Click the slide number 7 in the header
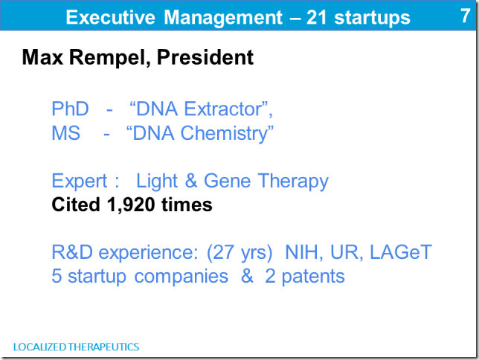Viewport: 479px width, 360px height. point(466,16)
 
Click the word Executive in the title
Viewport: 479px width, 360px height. point(111,17)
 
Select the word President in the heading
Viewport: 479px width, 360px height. point(205,57)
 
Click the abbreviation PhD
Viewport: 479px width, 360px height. point(70,109)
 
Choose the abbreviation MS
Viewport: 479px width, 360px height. point(66,133)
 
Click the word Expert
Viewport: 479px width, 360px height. point(80,181)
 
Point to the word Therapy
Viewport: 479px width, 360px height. point(293,181)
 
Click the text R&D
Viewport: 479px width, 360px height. point(72,252)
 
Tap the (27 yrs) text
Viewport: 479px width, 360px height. point(239,253)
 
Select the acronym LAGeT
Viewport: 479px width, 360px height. point(401,252)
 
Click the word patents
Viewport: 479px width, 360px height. point(313,277)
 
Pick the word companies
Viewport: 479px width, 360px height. point(181,277)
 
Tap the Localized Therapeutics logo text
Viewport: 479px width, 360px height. point(77,347)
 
